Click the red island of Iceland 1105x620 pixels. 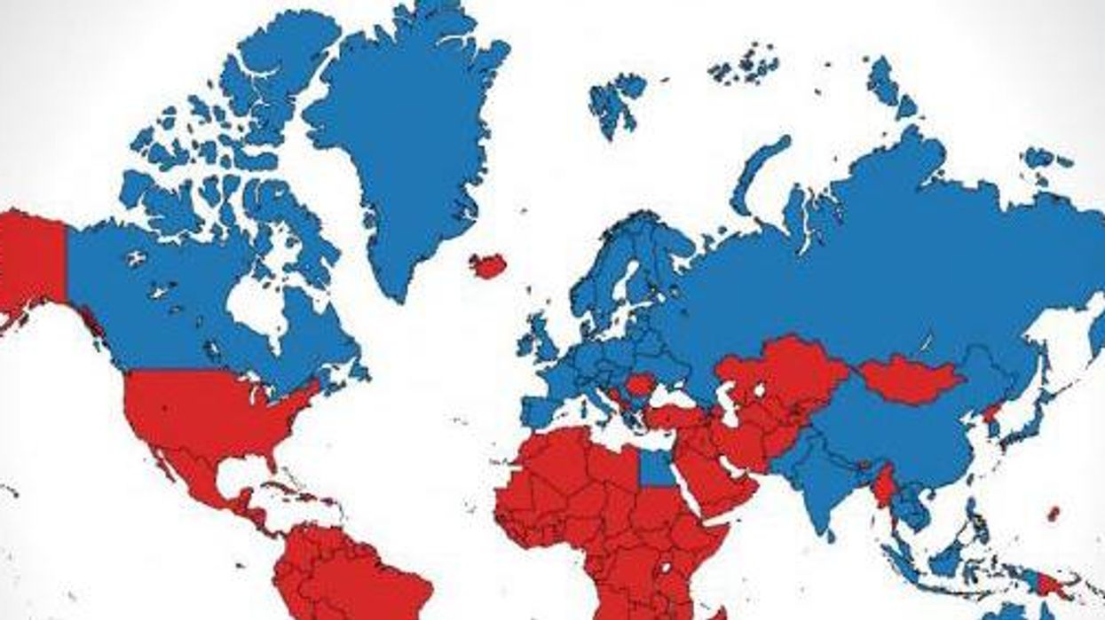[x=487, y=265]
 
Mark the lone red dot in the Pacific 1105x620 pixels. [x=1054, y=513]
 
